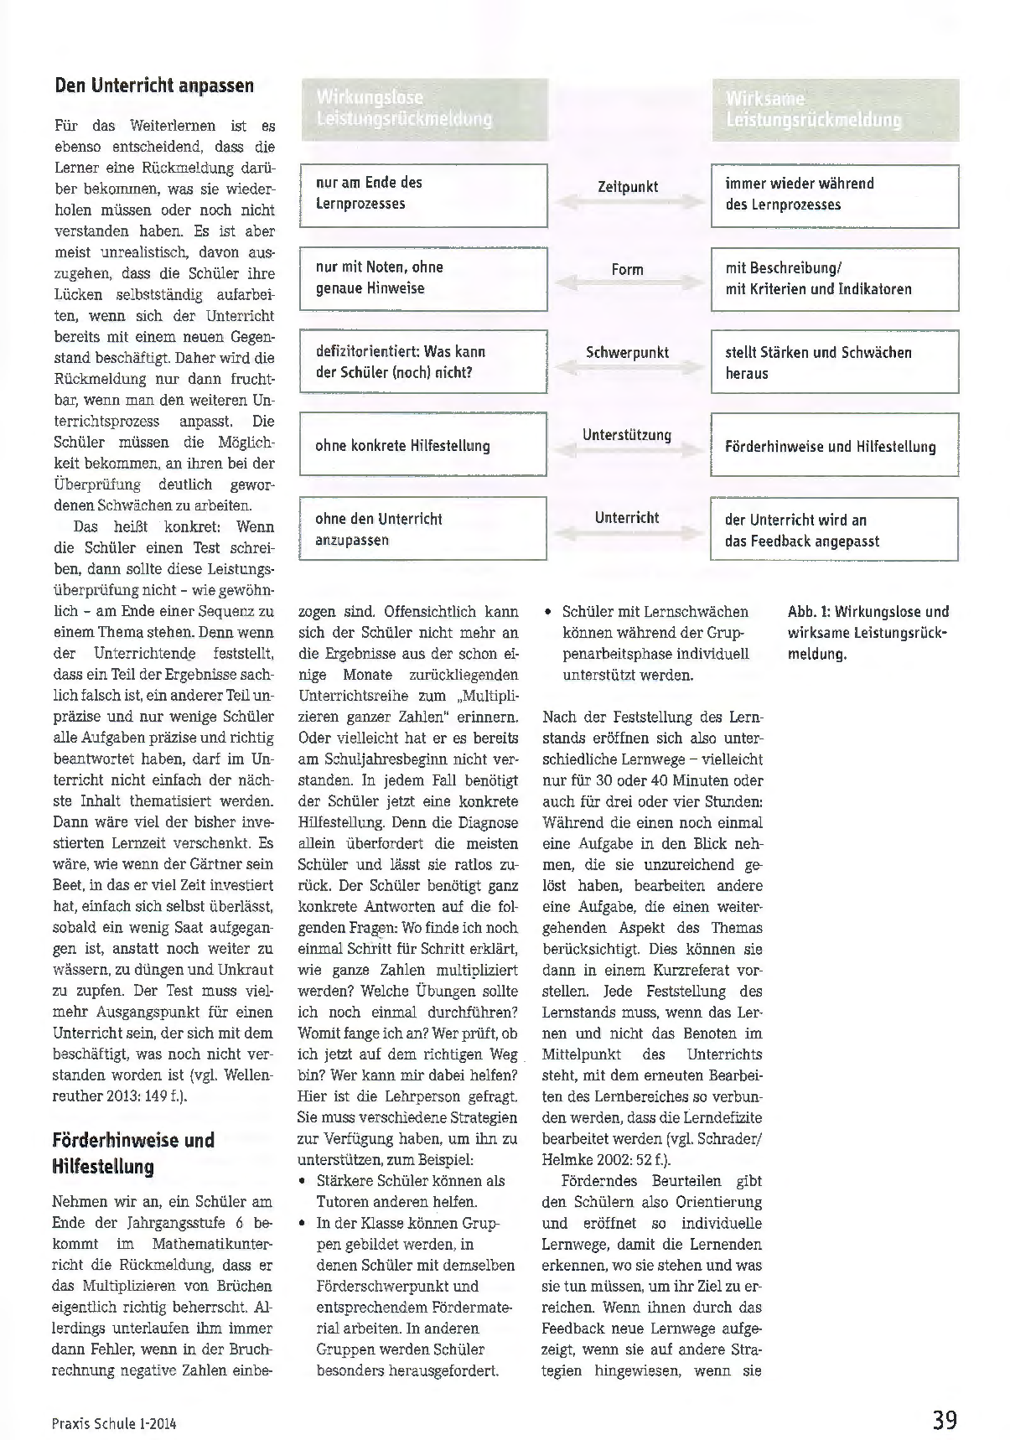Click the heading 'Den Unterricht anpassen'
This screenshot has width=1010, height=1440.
point(153,85)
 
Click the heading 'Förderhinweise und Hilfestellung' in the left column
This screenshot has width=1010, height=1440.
point(133,1153)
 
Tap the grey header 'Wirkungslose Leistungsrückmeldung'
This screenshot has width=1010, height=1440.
point(423,109)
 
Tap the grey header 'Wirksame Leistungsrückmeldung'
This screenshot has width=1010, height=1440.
point(835,109)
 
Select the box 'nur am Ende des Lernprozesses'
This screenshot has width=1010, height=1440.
point(423,194)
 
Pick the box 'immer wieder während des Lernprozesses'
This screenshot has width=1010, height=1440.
point(835,195)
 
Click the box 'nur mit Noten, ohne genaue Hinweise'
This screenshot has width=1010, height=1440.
point(423,278)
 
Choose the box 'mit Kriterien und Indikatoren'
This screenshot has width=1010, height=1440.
point(835,279)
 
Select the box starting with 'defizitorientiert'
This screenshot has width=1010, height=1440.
point(423,362)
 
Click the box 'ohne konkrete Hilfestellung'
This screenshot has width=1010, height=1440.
point(423,445)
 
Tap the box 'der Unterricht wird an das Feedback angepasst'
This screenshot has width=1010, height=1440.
point(835,530)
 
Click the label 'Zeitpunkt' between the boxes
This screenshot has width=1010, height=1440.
point(628,187)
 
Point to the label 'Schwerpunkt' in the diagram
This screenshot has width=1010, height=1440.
point(628,353)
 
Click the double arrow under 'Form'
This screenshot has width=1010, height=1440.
point(628,286)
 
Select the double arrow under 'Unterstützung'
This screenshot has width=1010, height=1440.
point(628,451)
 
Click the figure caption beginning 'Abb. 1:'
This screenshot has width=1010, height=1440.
point(868,633)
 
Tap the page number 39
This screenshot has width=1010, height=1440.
point(945,1421)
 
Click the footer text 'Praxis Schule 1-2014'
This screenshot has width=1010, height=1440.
point(115,1423)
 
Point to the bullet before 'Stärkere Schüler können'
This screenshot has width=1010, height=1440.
point(303,1181)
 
